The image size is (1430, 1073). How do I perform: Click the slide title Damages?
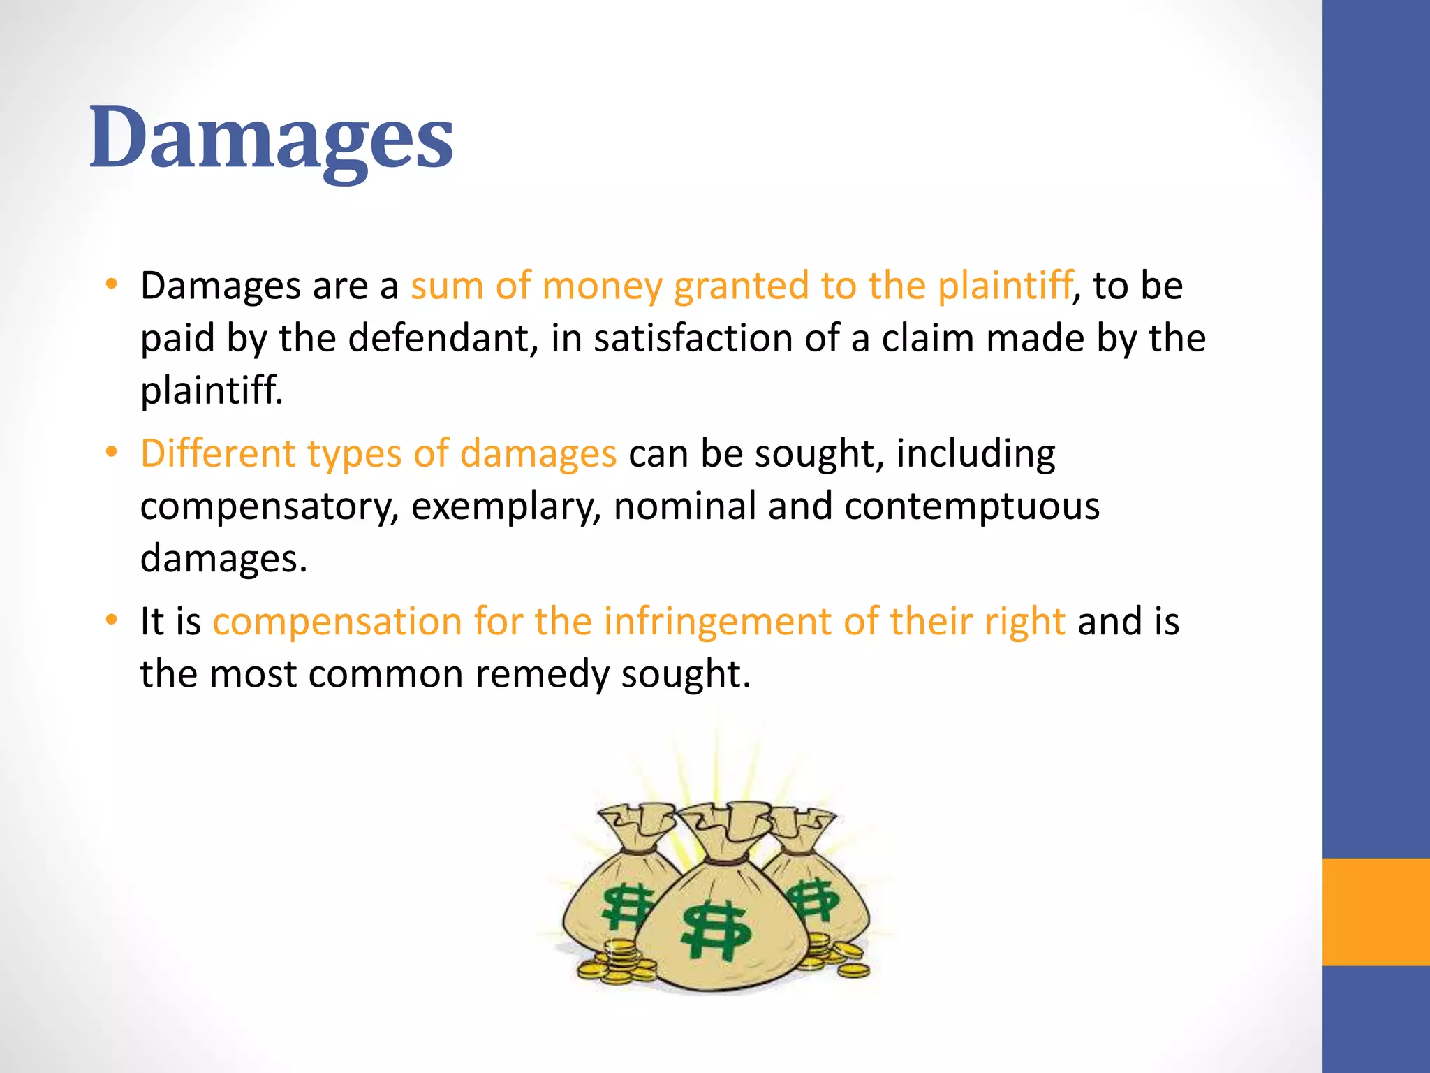pyautogui.click(x=271, y=138)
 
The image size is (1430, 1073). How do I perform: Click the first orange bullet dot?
pyautogui.click(x=111, y=284)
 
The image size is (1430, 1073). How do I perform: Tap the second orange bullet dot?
pyautogui.click(x=111, y=452)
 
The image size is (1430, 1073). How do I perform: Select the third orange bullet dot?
pyautogui.click(x=111, y=620)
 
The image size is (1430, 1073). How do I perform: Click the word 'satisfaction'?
pyautogui.click(x=693, y=339)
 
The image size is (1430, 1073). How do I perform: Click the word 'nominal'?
pyautogui.click(x=684, y=506)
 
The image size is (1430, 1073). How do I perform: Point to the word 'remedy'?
pyautogui.click(x=542, y=676)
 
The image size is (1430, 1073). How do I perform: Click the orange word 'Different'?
pyautogui.click(x=218, y=454)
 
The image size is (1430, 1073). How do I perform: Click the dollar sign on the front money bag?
pyautogui.click(x=716, y=930)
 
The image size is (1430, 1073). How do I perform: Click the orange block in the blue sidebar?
pyautogui.click(x=1376, y=912)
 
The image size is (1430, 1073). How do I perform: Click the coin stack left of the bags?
pyautogui.click(x=614, y=964)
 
